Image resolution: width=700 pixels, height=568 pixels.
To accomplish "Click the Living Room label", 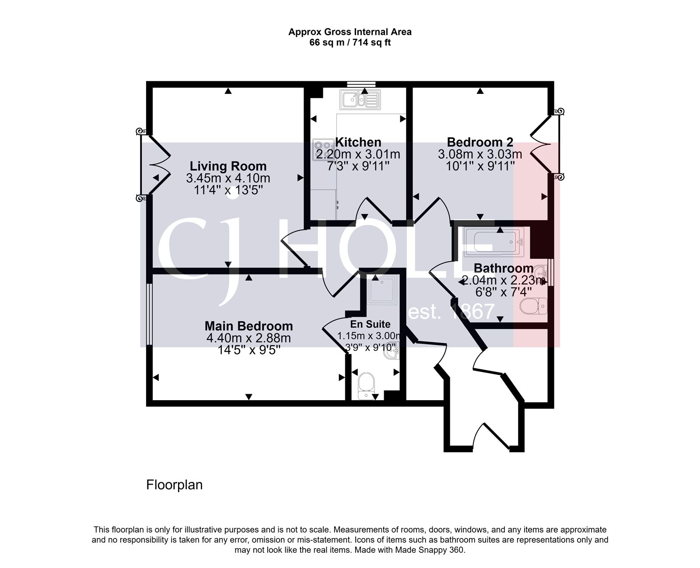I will [228, 166].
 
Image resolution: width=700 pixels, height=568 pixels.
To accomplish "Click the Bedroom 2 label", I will [480, 142].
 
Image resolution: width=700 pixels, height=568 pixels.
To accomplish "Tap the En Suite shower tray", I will [383, 290].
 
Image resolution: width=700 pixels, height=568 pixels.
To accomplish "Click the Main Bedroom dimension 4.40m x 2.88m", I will [248, 338].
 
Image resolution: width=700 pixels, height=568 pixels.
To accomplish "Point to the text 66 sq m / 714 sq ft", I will [350, 43].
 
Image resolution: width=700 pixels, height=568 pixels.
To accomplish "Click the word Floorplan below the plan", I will [174, 485].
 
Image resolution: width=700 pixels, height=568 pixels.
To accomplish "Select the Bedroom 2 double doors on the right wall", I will [544, 144].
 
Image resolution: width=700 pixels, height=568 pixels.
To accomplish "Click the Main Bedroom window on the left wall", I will [149, 315].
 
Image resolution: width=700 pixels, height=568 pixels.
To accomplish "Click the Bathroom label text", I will [504, 268].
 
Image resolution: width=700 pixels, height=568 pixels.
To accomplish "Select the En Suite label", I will [370, 324].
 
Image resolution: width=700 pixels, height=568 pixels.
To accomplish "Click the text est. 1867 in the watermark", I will [451, 312].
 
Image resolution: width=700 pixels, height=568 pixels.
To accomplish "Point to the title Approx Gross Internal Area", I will [350, 32].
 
